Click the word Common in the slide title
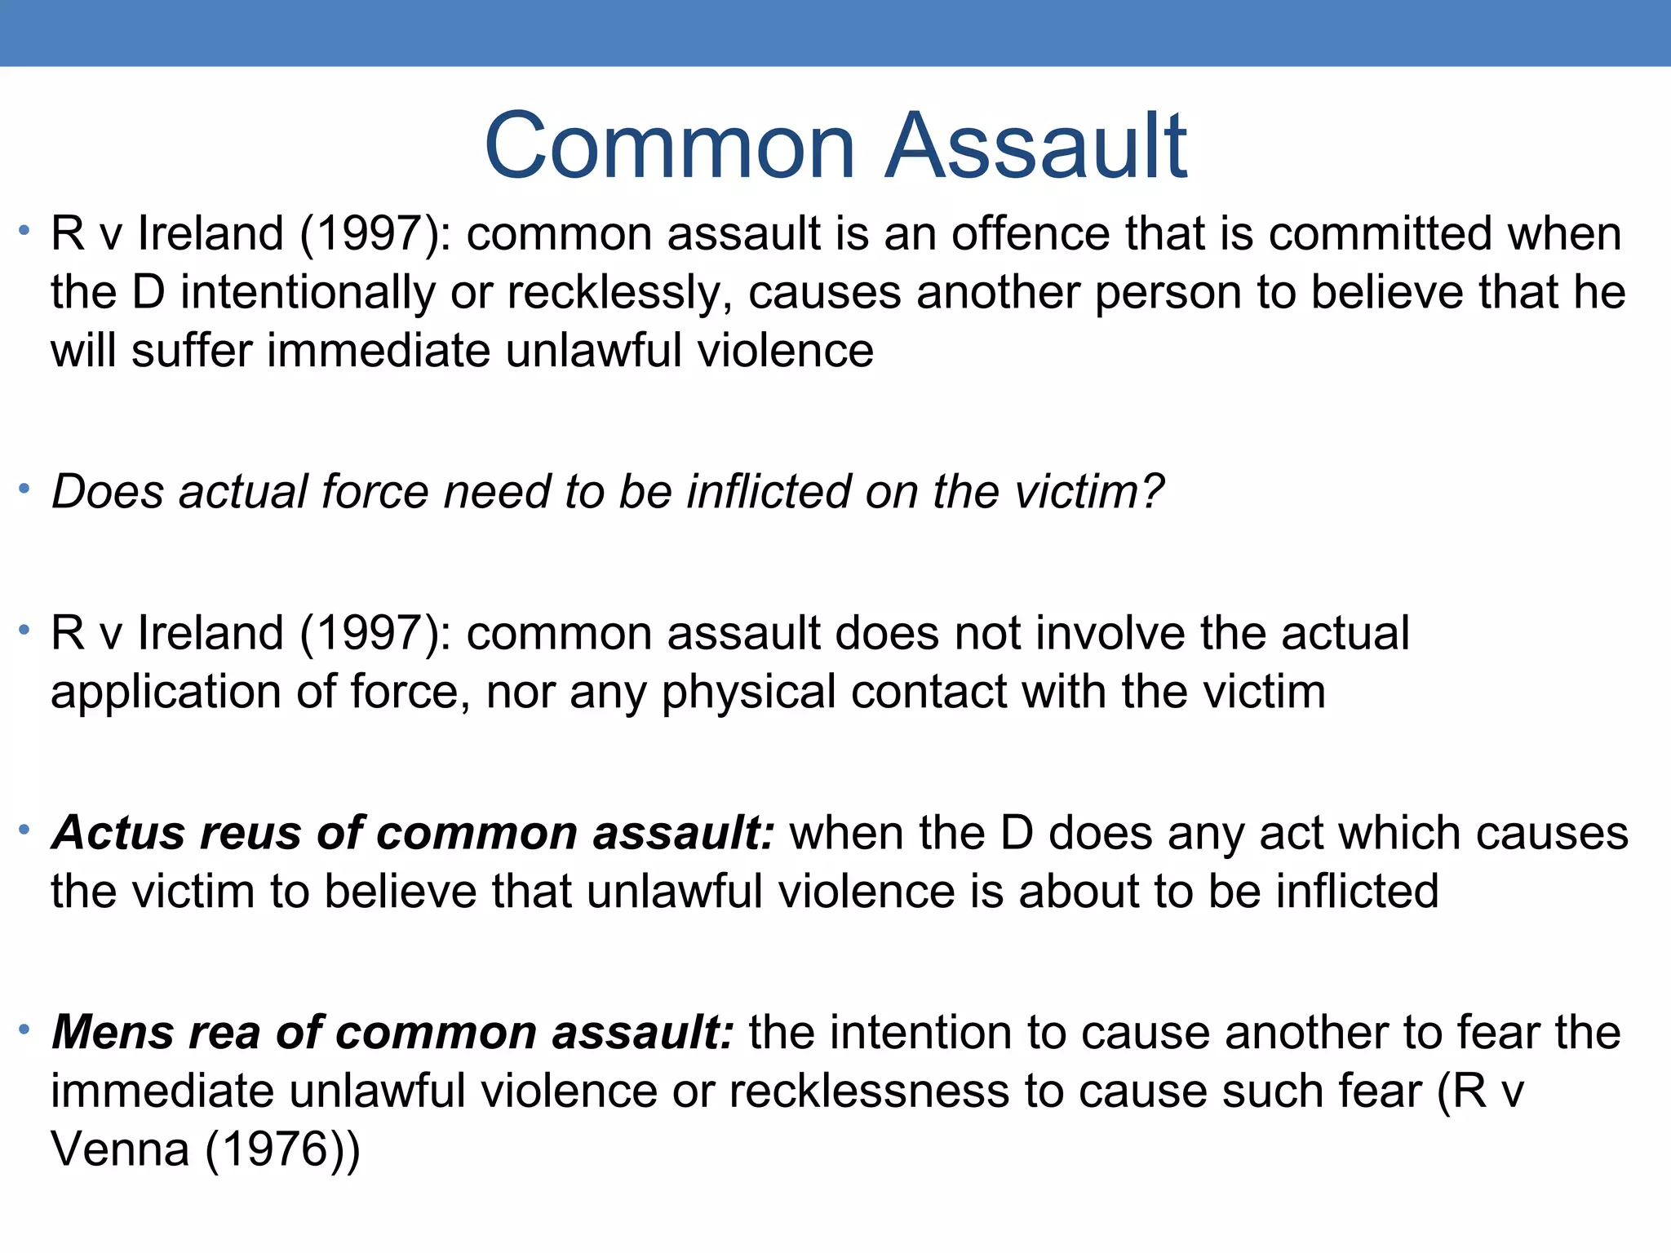coord(669,147)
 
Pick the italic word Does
coord(107,492)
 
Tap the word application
coord(166,693)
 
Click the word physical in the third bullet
coord(748,693)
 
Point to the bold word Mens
coord(113,1033)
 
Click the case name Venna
coord(120,1150)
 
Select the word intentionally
coord(308,293)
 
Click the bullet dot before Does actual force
coord(25,489)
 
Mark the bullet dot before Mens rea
coord(25,1029)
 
